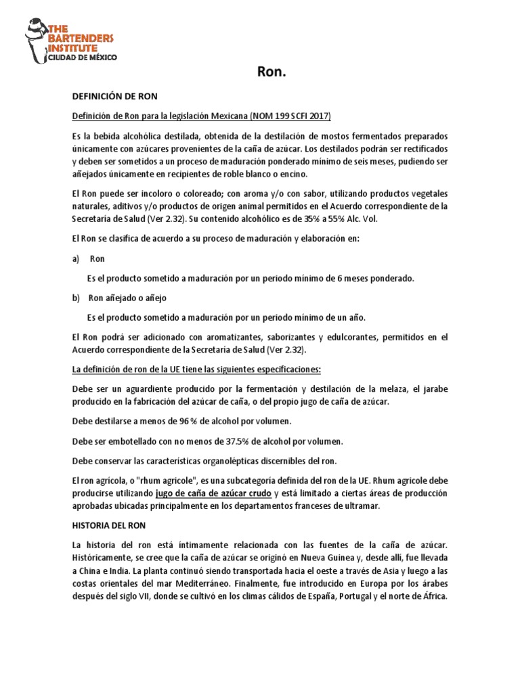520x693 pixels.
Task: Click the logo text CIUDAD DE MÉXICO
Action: pos(82,58)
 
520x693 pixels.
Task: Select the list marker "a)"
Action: pos(75,259)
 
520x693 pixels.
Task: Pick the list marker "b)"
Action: pos(75,298)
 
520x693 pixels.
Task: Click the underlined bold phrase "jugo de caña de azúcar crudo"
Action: pos(214,493)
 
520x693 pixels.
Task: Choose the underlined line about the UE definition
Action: pos(196,370)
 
